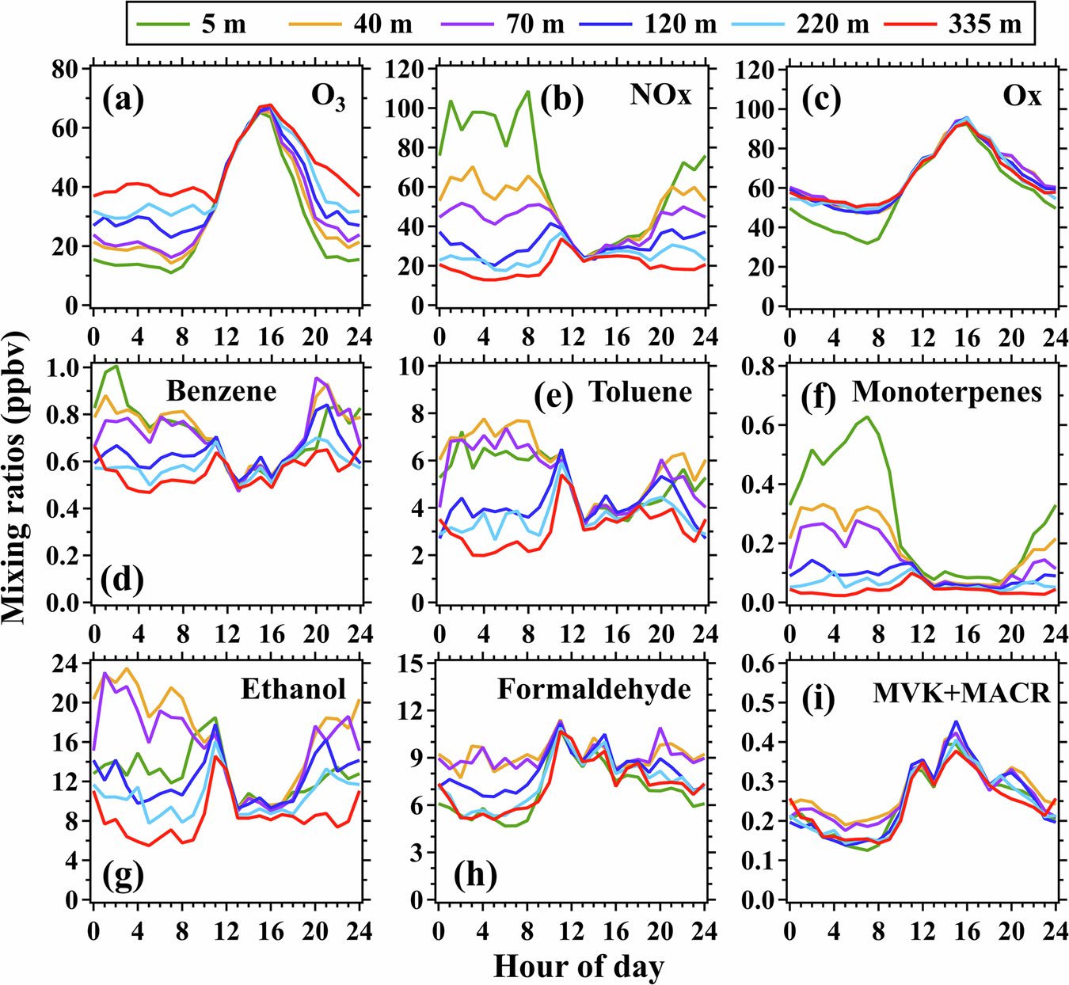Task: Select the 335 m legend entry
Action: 984,25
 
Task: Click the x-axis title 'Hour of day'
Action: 579,966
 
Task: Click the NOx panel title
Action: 660,95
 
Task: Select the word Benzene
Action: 222,391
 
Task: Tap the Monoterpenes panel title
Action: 947,392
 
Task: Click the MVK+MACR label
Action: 961,694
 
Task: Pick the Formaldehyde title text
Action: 594,690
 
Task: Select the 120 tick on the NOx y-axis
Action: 406,70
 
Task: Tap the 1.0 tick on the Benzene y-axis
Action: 67,367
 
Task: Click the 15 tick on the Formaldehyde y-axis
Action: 411,664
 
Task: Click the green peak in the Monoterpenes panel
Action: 867,416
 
